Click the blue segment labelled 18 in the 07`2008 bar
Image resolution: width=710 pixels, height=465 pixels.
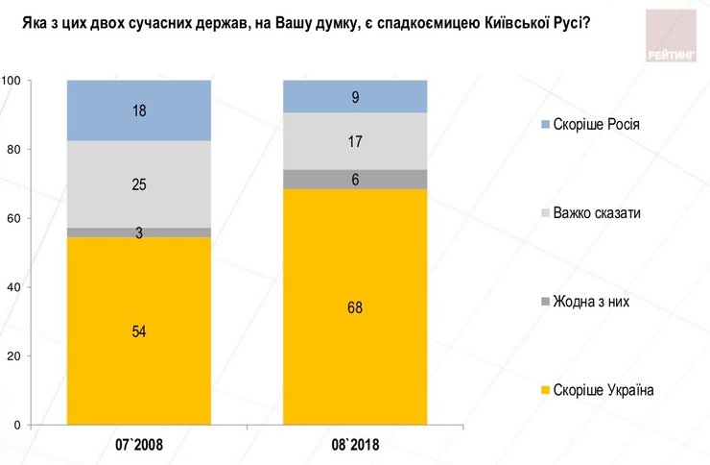(138, 110)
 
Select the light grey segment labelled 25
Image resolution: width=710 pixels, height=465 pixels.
(138, 184)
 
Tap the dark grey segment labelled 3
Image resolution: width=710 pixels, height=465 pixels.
(138, 232)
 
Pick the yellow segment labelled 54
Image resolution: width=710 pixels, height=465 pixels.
(138, 330)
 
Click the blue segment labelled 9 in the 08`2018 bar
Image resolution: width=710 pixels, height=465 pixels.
(355, 96)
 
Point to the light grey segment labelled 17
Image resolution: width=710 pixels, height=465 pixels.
(355, 140)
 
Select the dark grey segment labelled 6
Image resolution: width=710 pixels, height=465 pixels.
(355, 180)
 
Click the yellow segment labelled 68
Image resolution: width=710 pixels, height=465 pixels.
(355, 307)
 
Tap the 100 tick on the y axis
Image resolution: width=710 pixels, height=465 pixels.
(12, 81)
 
